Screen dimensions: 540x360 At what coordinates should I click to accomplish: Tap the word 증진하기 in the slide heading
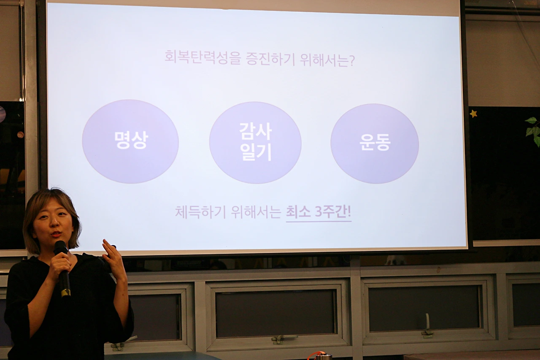(270, 58)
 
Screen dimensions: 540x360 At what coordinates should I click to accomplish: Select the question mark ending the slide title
(352, 60)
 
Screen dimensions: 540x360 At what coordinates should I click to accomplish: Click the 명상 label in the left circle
(131, 140)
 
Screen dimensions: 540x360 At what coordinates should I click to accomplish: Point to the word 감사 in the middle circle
(256, 131)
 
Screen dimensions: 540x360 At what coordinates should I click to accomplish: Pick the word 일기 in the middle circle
(256, 152)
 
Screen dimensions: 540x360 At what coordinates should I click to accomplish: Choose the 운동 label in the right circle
(375, 142)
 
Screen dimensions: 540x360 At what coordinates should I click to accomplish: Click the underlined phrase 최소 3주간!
(319, 212)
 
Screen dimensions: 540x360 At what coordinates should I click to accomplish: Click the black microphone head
(60, 248)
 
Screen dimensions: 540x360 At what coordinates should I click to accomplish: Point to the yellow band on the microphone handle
(66, 292)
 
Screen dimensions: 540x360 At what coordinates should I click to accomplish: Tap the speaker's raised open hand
(114, 258)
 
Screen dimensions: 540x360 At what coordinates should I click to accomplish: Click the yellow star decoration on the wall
(473, 114)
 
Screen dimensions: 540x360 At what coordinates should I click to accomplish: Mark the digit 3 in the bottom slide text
(319, 212)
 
